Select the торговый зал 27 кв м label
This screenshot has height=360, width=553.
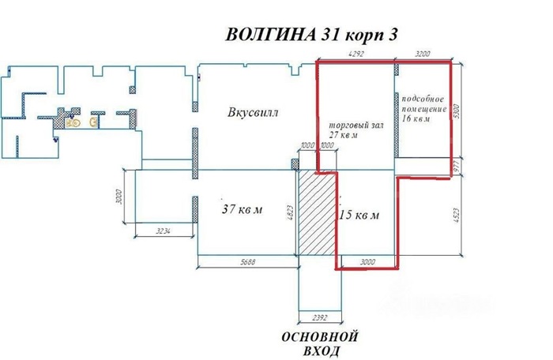tap(354, 131)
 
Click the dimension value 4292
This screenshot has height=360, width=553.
tap(358, 54)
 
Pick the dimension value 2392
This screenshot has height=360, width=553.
tap(320, 318)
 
